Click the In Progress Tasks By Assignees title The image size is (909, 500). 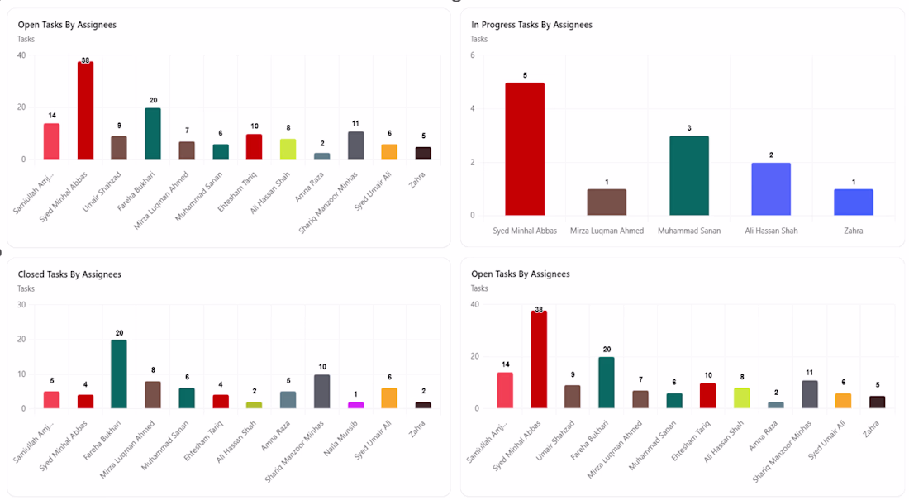coord(531,25)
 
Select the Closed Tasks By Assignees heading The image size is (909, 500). coord(69,274)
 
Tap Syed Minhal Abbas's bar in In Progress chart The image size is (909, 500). coord(525,149)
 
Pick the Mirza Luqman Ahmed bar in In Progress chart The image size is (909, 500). coord(607,202)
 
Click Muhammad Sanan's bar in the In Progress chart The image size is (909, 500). coord(689,176)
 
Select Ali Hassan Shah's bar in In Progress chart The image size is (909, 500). coord(771,189)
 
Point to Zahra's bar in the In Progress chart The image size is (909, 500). coord(854,202)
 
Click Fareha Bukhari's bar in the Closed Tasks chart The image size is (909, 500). coord(120,374)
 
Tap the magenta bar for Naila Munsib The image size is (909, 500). coord(356,405)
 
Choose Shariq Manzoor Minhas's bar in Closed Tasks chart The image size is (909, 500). coord(322,392)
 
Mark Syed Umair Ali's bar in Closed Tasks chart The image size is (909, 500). coord(389,398)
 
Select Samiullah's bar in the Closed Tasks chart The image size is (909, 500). coord(51,400)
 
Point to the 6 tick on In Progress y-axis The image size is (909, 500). coord(473,55)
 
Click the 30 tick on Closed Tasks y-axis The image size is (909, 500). coord(21,304)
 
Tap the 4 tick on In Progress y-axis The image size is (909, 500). coord(473,108)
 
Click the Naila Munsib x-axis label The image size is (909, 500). coord(340,439)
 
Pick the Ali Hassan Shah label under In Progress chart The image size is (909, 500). coord(771,231)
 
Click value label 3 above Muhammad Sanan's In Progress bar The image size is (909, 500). coord(689,128)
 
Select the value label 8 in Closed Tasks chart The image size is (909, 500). coord(153,370)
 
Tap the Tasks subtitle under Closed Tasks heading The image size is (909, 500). coord(26,288)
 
